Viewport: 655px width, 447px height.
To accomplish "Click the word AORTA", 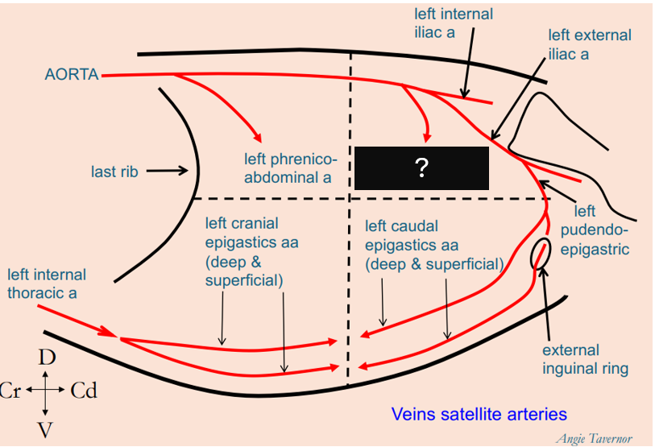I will (72, 75).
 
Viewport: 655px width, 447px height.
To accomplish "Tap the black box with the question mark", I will (421, 168).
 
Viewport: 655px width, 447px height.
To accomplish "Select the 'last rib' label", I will (114, 172).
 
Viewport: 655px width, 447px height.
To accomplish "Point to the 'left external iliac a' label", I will (590, 45).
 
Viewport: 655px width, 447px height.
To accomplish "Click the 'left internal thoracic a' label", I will (47, 284).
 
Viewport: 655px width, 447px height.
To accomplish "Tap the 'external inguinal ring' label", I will (585, 359).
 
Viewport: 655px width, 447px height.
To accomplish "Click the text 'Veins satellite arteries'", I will (479, 414).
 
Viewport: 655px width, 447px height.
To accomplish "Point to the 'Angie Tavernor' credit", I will (595, 438).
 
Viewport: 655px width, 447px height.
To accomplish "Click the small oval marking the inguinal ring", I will (541, 255).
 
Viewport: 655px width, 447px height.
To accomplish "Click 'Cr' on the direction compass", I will (10, 391).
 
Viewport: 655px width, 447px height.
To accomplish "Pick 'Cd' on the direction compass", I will (84, 391).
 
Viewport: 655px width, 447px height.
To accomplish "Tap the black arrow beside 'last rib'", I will (167, 171).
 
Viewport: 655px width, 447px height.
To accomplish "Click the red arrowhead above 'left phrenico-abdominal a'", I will (258, 136).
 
